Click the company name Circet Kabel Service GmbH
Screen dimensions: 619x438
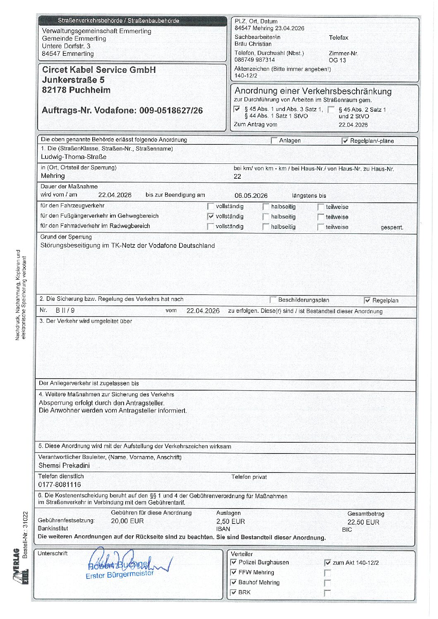(x=99, y=70)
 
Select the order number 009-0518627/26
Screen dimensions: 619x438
(x=171, y=110)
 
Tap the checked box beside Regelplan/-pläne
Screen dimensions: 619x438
(x=345, y=141)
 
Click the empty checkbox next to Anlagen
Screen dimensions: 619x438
(x=274, y=141)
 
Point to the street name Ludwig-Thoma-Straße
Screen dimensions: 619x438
(x=74, y=157)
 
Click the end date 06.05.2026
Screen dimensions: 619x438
(x=251, y=196)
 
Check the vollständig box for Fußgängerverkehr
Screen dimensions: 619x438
(x=211, y=216)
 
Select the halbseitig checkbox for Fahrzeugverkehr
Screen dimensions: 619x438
(x=266, y=206)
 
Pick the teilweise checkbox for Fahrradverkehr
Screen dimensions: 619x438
(x=321, y=227)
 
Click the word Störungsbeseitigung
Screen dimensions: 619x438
(x=70, y=245)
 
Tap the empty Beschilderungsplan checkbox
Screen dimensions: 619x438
(x=273, y=300)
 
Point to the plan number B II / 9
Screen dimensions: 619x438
(x=65, y=310)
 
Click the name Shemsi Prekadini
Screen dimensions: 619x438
(x=64, y=465)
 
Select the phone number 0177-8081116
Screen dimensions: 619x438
(x=60, y=485)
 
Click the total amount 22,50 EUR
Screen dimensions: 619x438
(x=363, y=522)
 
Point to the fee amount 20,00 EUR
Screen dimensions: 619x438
(x=127, y=521)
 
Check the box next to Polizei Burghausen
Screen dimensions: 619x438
(x=234, y=562)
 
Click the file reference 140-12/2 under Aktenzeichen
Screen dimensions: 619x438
(x=246, y=76)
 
